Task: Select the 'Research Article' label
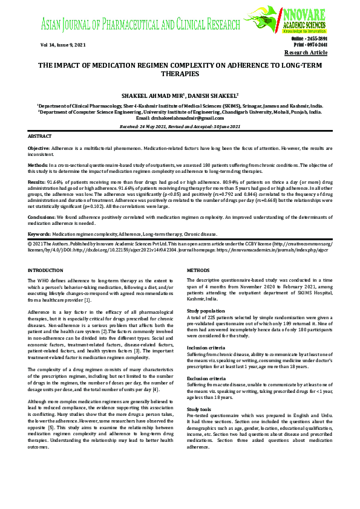[x=306, y=53]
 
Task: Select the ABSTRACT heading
[x=41, y=137]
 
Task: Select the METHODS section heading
[x=198, y=270]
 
